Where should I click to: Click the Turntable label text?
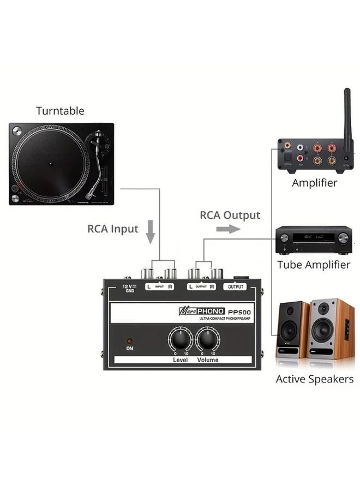click(x=60, y=111)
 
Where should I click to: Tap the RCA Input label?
click(x=113, y=229)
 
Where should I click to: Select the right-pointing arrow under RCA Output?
click(x=228, y=229)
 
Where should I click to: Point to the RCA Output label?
click(x=230, y=215)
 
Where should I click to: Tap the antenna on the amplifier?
click(x=346, y=112)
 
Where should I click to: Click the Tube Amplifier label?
click(x=313, y=265)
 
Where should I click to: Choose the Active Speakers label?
click(x=314, y=379)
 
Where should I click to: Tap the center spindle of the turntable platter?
click(x=50, y=163)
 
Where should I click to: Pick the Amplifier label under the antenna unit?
click(x=314, y=183)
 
